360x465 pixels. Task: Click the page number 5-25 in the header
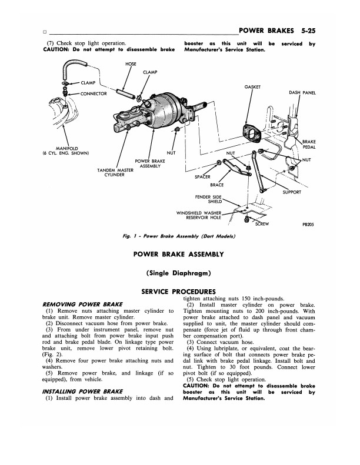(x=308, y=31)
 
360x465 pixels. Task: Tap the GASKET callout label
(x=252, y=87)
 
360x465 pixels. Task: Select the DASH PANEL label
(x=302, y=93)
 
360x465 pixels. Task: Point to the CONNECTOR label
(x=94, y=93)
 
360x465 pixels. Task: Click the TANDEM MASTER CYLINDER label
(x=115, y=173)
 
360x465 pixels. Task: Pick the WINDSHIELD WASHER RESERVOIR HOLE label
(x=199, y=215)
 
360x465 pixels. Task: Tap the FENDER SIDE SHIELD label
(x=208, y=199)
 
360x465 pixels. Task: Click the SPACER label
(x=202, y=177)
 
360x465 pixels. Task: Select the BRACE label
(x=216, y=185)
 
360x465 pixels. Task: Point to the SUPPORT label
(x=292, y=192)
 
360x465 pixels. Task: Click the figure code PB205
(x=308, y=225)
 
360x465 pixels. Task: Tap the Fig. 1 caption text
(x=179, y=236)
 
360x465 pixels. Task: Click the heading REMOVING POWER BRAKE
(x=82, y=305)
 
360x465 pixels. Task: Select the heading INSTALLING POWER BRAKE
(x=82, y=392)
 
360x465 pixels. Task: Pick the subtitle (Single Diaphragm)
(x=178, y=273)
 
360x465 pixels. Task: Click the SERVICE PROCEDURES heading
(x=178, y=292)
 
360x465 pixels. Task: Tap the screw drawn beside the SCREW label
(x=245, y=219)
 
